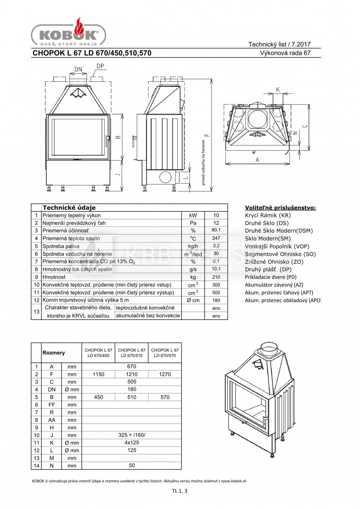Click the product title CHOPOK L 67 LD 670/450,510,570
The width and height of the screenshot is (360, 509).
(x=92, y=53)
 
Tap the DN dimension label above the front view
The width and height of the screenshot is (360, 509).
(x=78, y=69)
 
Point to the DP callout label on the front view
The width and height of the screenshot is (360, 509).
(x=100, y=66)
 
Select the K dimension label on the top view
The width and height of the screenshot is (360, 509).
(x=278, y=89)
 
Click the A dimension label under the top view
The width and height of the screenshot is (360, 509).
(x=257, y=160)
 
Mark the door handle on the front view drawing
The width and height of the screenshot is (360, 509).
(x=108, y=141)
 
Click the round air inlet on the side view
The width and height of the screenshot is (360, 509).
(x=165, y=177)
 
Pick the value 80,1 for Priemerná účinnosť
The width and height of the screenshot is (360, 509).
(x=216, y=230)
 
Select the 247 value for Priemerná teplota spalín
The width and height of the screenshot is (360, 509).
(x=216, y=238)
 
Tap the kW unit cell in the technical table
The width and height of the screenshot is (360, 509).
(x=193, y=215)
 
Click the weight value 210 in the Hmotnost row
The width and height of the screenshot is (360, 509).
(x=216, y=277)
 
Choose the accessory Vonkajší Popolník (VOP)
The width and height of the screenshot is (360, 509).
(x=277, y=246)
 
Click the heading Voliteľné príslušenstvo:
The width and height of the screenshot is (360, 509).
(x=280, y=208)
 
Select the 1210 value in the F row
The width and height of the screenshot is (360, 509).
(x=131, y=374)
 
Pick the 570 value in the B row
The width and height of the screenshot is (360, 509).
(x=165, y=397)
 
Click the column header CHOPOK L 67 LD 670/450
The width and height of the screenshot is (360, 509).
(x=98, y=353)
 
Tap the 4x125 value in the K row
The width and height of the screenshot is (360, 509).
(x=131, y=442)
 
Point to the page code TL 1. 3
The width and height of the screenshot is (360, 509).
(x=180, y=491)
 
